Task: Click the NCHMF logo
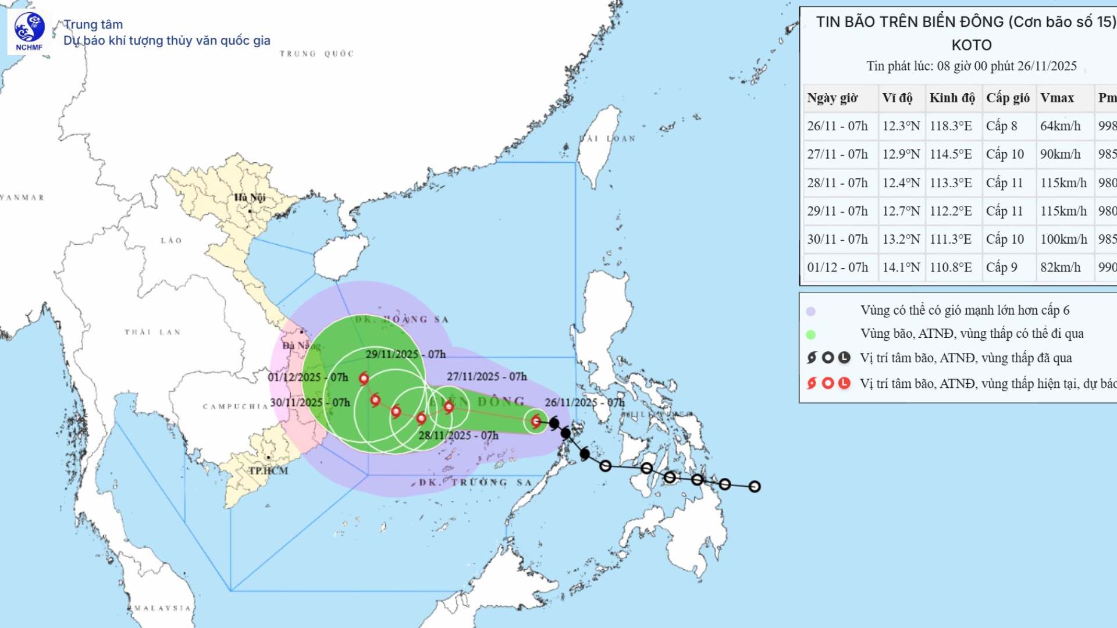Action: (29, 31)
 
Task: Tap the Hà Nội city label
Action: (250, 198)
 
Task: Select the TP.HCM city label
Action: (268, 470)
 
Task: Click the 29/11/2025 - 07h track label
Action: (405, 354)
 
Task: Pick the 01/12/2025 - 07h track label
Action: (308, 377)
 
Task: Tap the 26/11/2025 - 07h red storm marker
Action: (536, 421)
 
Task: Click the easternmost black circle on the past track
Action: (755, 486)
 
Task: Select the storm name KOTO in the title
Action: (971, 45)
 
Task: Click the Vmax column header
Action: (1056, 98)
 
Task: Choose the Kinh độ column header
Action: (952, 98)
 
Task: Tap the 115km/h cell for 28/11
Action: (1063, 183)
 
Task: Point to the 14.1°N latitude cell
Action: (901, 267)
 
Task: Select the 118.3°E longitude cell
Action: (951, 126)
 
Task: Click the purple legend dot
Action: (810, 312)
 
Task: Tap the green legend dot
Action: (810, 334)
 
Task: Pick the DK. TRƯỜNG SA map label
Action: (475, 483)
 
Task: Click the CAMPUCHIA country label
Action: (235, 406)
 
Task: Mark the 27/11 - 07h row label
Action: (837, 154)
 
